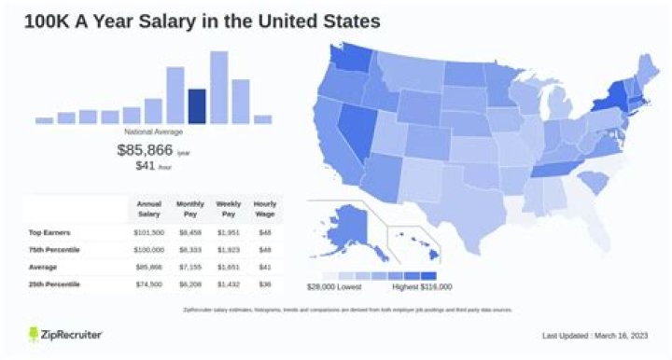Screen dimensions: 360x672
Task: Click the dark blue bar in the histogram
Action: (x=197, y=106)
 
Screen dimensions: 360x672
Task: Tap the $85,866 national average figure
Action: (x=140, y=149)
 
